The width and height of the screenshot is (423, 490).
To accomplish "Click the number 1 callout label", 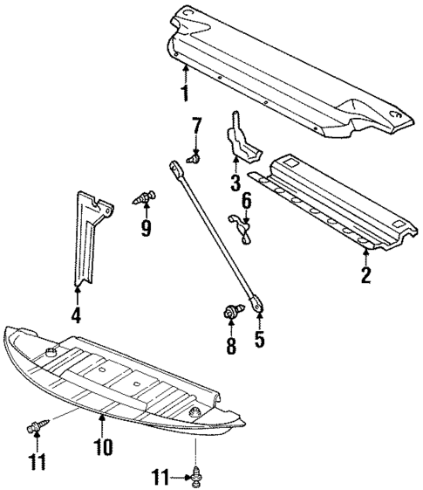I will pos(184,92).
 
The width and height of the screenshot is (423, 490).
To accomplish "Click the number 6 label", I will pos(247,202).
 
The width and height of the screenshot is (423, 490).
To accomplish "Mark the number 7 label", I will pos(196,125).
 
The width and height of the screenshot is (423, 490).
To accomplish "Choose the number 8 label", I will pos(230,347).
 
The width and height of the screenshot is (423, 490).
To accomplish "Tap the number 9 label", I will pos(146,228).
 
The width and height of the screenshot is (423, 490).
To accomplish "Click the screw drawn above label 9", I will pos(143,197).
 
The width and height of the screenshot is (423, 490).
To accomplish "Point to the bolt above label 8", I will pos(231,310).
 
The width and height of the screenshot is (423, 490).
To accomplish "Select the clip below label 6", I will pos(244,226).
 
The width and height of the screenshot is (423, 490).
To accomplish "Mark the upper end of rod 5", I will pos(177,163).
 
